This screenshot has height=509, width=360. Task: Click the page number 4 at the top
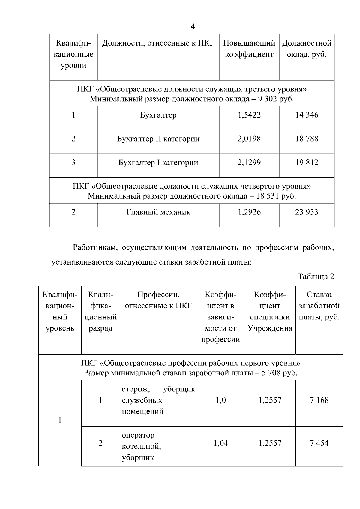tap(193, 27)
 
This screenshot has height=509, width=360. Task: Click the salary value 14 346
tap(307, 115)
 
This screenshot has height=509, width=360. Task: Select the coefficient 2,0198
tap(249, 139)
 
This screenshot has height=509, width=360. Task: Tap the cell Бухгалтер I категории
tap(158, 163)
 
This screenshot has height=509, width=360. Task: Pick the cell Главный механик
tap(158, 212)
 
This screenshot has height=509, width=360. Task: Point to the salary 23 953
tap(307, 212)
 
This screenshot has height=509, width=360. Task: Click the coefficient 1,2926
tap(249, 212)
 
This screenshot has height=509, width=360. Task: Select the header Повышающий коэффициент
tap(249, 49)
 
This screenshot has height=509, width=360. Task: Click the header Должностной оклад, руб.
tap(307, 49)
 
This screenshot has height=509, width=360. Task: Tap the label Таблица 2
tap(316, 276)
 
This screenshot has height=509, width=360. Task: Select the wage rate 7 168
tap(319, 400)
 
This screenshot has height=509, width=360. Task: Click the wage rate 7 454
tap(319, 443)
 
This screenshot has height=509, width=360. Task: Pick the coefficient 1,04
tap(220, 443)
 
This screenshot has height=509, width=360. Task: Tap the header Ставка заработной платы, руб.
tap(319, 306)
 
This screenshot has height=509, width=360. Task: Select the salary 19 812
tap(307, 163)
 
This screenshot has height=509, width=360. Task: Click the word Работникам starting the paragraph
tap(92, 248)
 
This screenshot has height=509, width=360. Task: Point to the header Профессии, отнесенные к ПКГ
tap(158, 300)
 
